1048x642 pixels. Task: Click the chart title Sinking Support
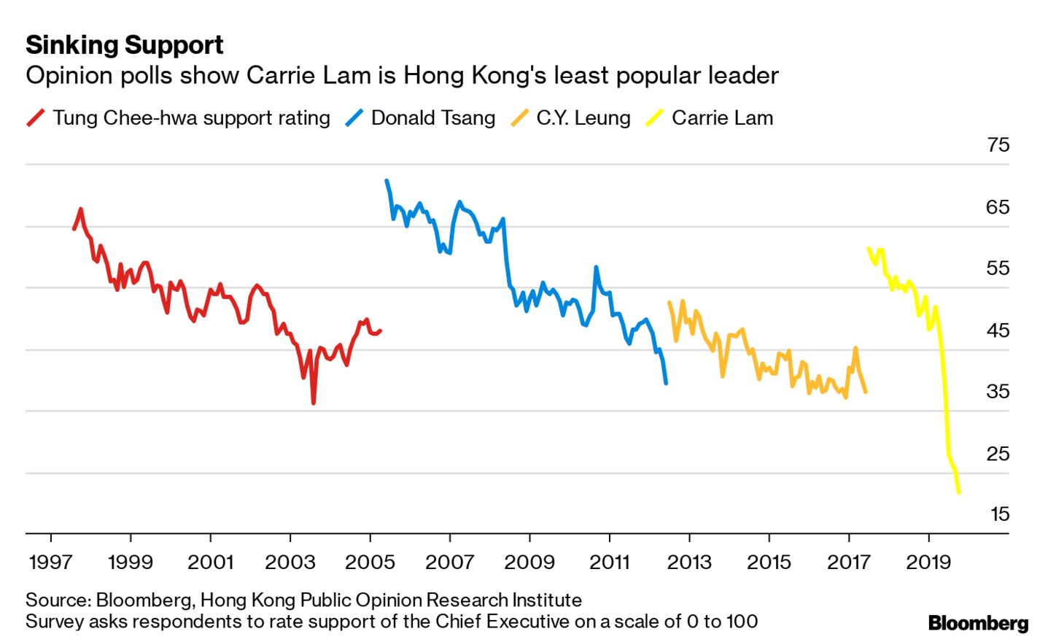point(124,45)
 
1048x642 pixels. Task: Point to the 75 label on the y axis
point(998,144)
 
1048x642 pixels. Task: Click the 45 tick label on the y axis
point(998,330)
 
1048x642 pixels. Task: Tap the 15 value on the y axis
point(999,514)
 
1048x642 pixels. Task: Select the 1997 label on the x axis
point(50,562)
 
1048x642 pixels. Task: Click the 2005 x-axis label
point(370,562)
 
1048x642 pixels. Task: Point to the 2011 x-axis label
point(609,562)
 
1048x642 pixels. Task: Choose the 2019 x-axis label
point(928,562)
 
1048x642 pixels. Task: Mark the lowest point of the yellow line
point(958,492)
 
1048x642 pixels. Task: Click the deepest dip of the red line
point(314,402)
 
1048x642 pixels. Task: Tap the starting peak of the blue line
point(387,181)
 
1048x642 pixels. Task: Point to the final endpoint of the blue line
point(666,382)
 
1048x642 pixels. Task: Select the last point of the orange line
point(866,392)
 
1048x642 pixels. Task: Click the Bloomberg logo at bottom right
point(978,623)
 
